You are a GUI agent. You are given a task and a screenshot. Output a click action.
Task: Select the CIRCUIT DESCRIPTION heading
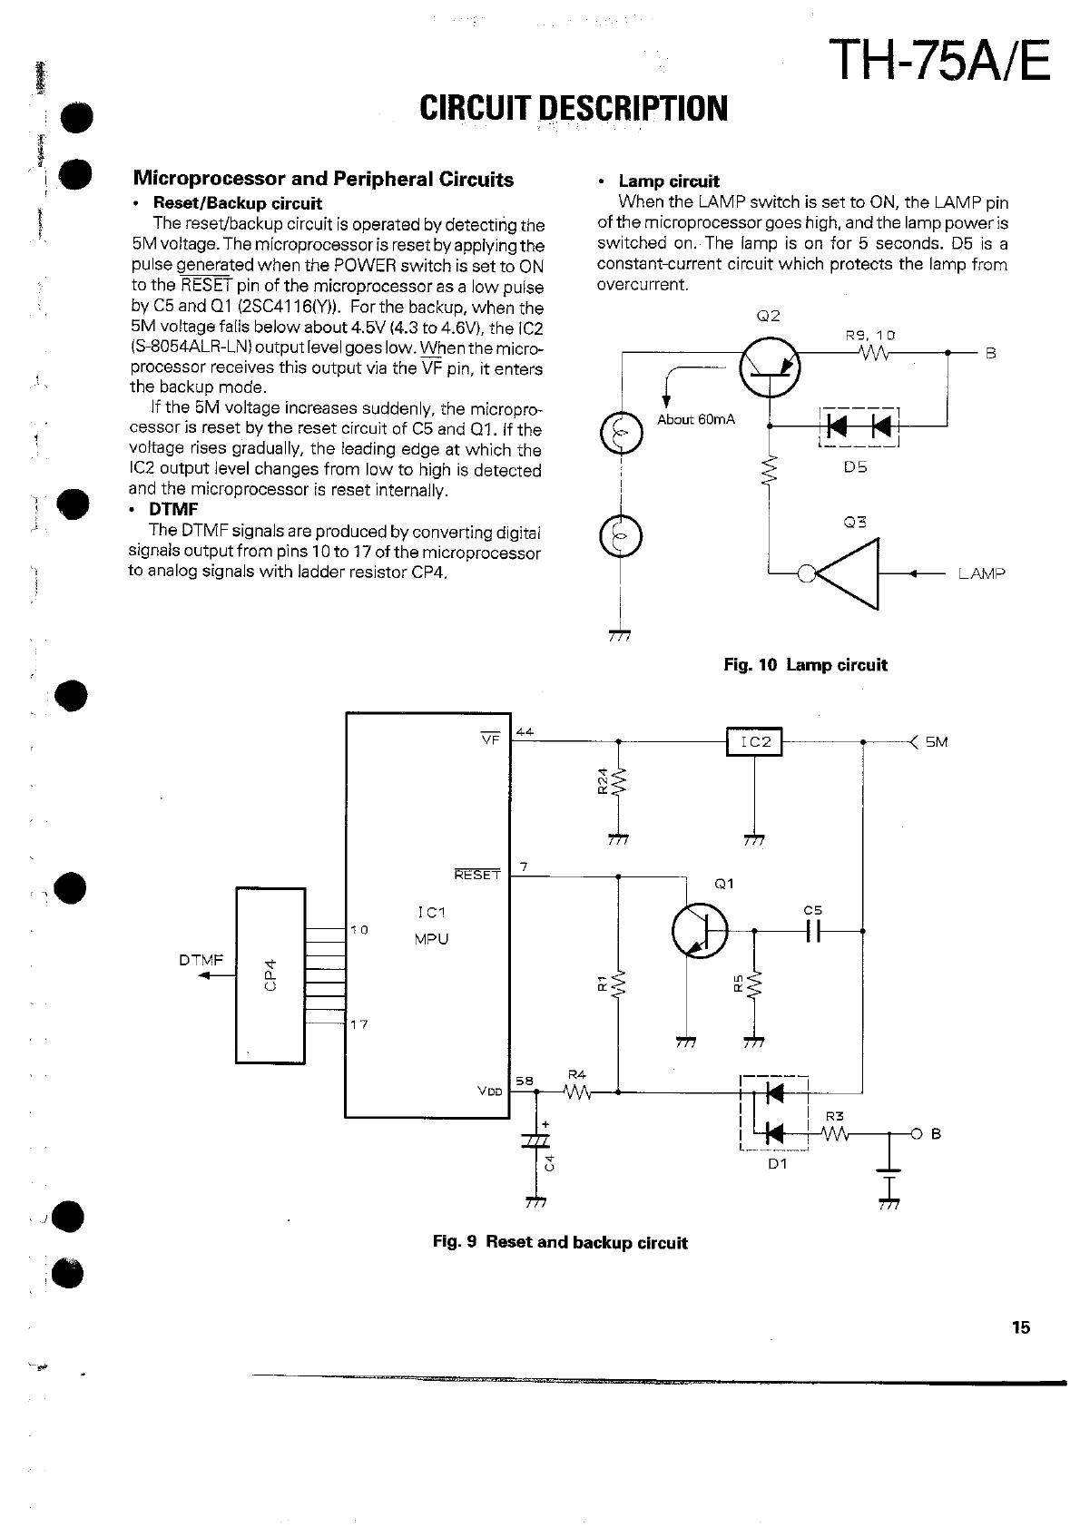(574, 109)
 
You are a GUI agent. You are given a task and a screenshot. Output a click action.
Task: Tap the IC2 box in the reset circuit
(754, 741)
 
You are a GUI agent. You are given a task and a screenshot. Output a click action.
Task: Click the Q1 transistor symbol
(700, 931)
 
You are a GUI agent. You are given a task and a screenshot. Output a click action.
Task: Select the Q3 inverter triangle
(849, 573)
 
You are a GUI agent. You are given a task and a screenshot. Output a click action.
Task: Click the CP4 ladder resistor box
(270, 975)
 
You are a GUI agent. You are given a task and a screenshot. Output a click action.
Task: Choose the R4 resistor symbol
(576, 1092)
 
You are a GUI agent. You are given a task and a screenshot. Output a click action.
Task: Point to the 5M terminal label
(937, 742)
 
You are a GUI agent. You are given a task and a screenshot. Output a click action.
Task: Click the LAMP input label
(981, 573)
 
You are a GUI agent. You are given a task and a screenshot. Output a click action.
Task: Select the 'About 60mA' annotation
(696, 420)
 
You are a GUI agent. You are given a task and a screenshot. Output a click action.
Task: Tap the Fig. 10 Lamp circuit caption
(805, 665)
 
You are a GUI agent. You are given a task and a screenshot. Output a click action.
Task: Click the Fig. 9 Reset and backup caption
(560, 1243)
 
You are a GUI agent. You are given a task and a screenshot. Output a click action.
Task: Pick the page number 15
(1020, 1327)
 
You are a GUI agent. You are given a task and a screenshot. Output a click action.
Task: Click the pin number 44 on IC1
(524, 731)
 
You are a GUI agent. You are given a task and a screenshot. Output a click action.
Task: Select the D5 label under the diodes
(855, 467)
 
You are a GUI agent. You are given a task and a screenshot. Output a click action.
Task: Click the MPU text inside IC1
(431, 939)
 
